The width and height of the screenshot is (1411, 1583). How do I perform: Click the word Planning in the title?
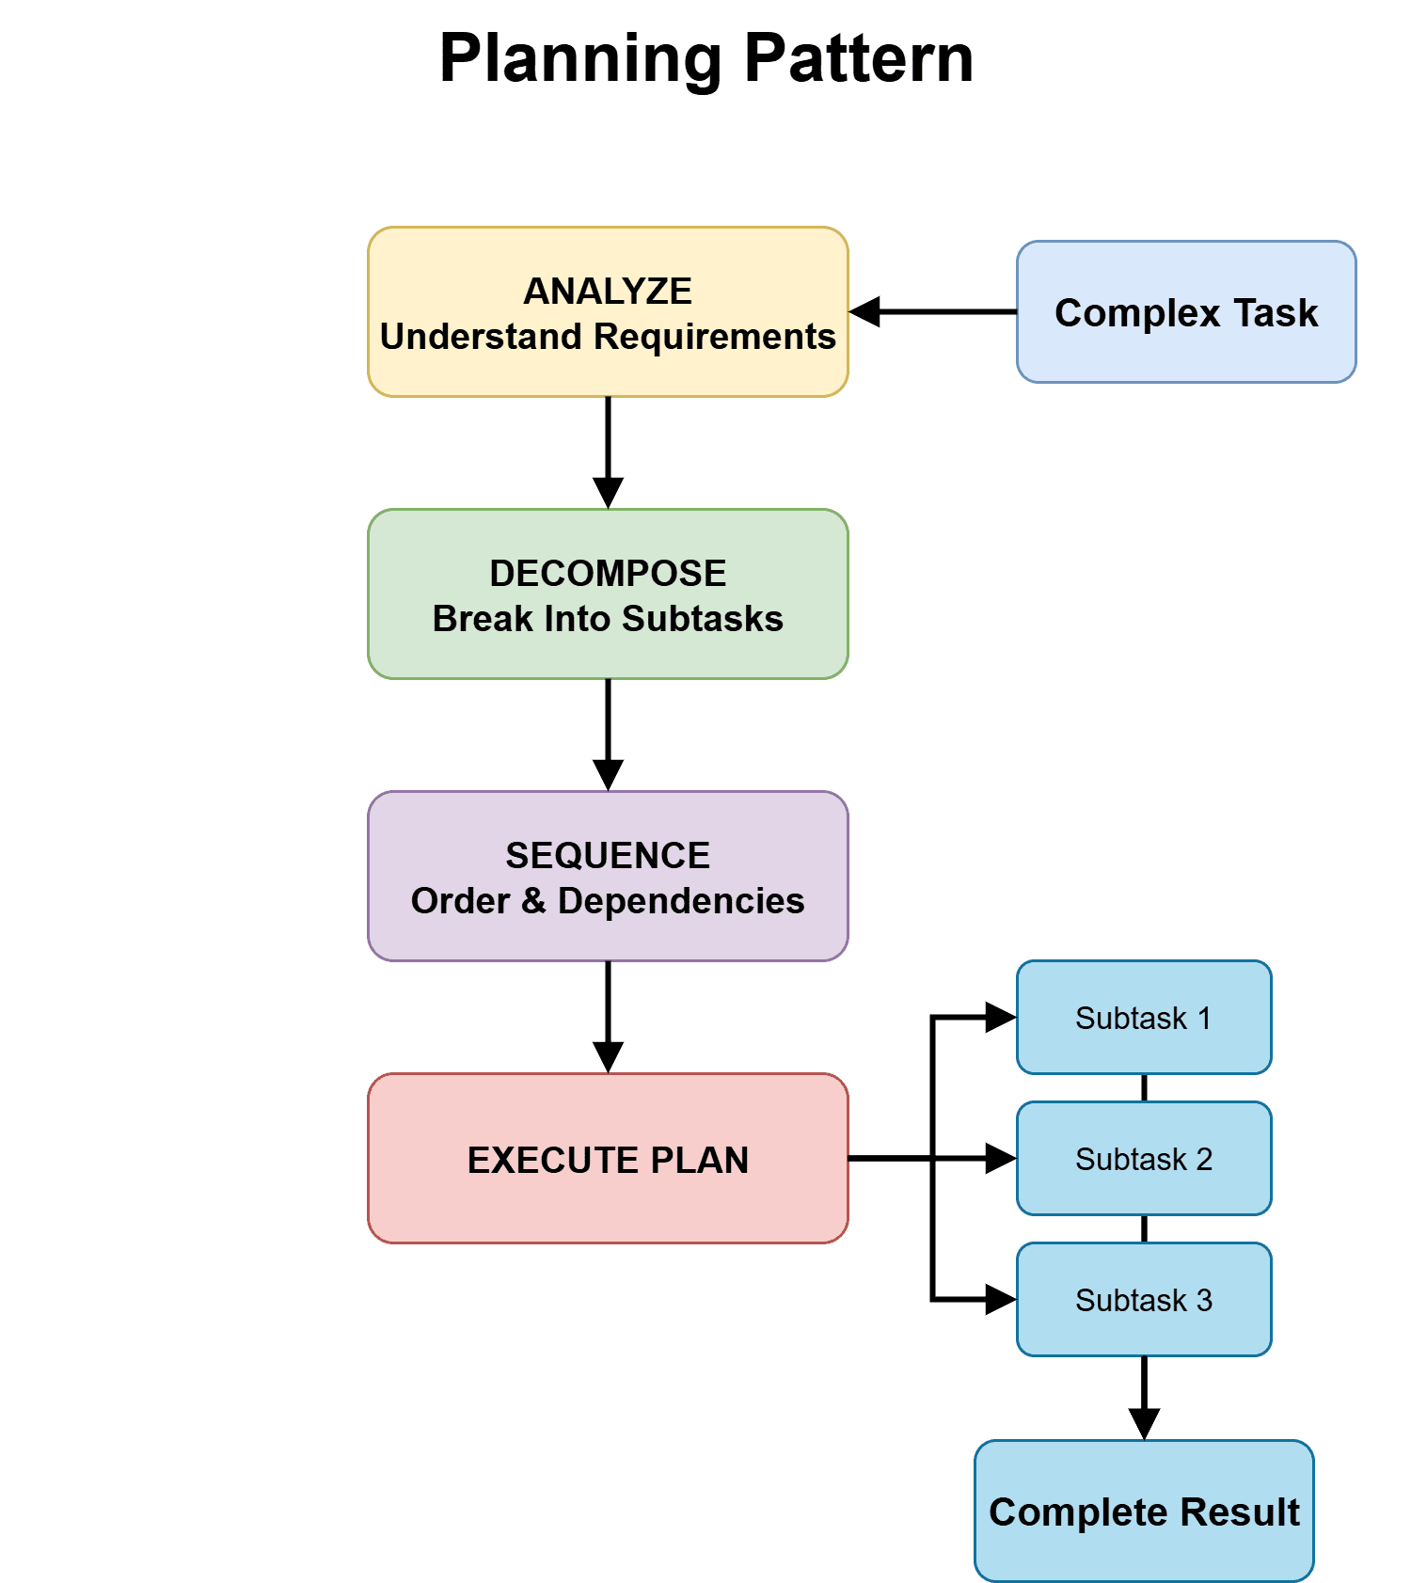[x=579, y=58]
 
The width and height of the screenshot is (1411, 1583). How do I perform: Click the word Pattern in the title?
[x=858, y=58]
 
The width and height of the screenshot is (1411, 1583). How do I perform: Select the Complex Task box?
[x=1185, y=312]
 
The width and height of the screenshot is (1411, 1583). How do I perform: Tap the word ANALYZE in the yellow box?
[x=608, y=292]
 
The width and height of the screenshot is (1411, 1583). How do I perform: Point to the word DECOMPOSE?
[x=608, y=574]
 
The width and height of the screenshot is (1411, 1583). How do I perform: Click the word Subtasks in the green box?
[x=702, y=619]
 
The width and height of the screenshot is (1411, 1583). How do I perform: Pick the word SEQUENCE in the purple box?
[x=608, y=856]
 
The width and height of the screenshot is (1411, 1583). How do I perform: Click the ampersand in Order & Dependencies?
[x=533, y=901]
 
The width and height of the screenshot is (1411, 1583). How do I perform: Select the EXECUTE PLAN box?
[x=608, y=1159]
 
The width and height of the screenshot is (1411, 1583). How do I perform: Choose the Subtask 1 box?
[x=1144, y=1018]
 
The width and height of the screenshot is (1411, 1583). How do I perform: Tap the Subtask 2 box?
[x=1144, y=1159]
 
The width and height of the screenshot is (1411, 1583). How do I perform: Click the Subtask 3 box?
[x=1144, y=1300]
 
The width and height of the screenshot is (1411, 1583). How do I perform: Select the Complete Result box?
[x=1144, y=1512]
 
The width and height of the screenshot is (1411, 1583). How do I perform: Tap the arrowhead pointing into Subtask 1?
[x=1000, y=1018]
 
